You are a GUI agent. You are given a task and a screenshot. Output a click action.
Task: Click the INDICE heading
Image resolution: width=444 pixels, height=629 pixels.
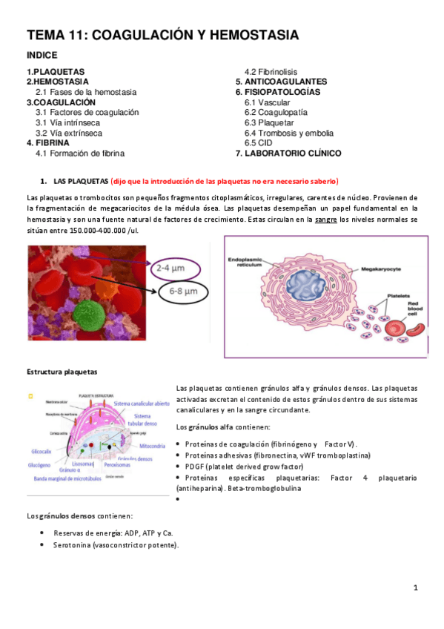click(x=42, y=55)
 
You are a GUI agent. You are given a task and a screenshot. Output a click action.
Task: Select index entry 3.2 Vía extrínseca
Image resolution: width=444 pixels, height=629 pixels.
click(x=69, y=133)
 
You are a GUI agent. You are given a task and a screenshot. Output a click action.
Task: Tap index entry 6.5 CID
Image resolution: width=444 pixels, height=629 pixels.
click(x=262, y=143)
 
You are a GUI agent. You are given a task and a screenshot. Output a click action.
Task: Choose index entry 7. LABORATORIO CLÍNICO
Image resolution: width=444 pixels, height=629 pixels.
click(x=288, y=154)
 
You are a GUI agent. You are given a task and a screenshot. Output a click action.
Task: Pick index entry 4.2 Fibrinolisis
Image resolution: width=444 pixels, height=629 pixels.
click(x=271, y=71)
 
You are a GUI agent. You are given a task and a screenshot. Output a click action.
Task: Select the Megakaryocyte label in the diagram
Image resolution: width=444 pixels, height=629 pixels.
click(x=382, y=268)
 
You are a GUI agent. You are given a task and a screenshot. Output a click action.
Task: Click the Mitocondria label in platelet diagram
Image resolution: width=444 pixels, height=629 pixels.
click(x=152, y=446)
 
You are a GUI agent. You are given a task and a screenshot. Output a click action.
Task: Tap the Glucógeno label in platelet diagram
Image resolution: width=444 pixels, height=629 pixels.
click(x=43, y=466)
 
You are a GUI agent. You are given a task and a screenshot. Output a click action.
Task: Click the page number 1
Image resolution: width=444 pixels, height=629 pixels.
click(x=417, y=588)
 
